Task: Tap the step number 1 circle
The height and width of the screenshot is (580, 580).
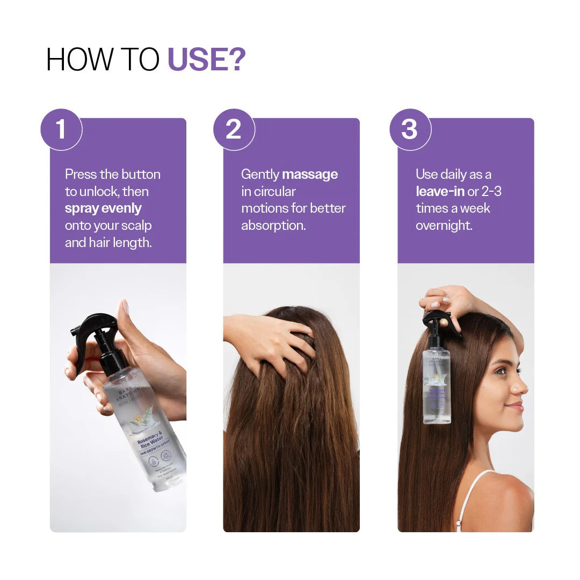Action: tap(61, 129)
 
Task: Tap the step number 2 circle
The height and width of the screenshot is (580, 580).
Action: tap(234, 129)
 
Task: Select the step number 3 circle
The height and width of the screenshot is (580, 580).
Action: tap(410, 129)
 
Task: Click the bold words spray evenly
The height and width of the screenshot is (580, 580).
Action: tap(103, 208)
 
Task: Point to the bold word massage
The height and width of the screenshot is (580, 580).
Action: tap(310, 174)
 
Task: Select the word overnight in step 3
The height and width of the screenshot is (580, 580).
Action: tap(444, 226)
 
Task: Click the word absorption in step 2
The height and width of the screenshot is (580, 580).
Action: tap(273, 226)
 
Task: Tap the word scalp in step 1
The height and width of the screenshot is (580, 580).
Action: tap(137, 226)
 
